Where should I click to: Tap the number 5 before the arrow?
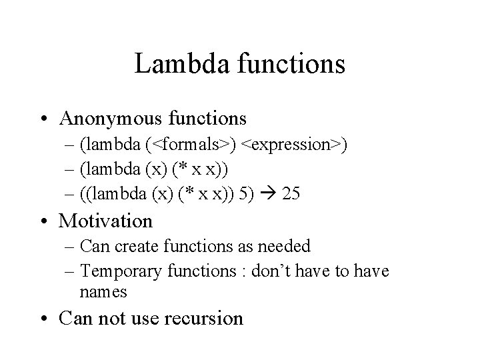[x=254, y=194]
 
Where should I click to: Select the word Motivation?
[x=106, y=220]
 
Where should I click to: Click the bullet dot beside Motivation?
[x=49, y=221]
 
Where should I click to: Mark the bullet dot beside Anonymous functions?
[x=49, y=119]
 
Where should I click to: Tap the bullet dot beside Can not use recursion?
[x=49, y=319]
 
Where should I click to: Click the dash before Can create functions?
[x=71, y=247]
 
